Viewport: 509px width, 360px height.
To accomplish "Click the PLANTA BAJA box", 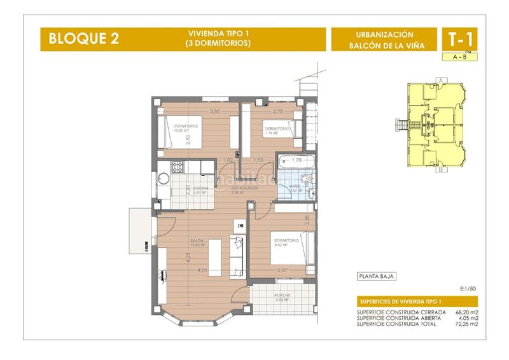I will [376, 276].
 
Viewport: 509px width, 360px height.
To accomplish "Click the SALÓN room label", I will [196, 241].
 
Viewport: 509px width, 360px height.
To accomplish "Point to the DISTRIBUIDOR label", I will [244, 189].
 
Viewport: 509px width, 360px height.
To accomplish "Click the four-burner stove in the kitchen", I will [177, 167].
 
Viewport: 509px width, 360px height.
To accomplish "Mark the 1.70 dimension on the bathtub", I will [296, 160].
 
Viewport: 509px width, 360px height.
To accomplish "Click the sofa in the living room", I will [237, 256].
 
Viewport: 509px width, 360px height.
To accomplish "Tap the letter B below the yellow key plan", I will [440, 170].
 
